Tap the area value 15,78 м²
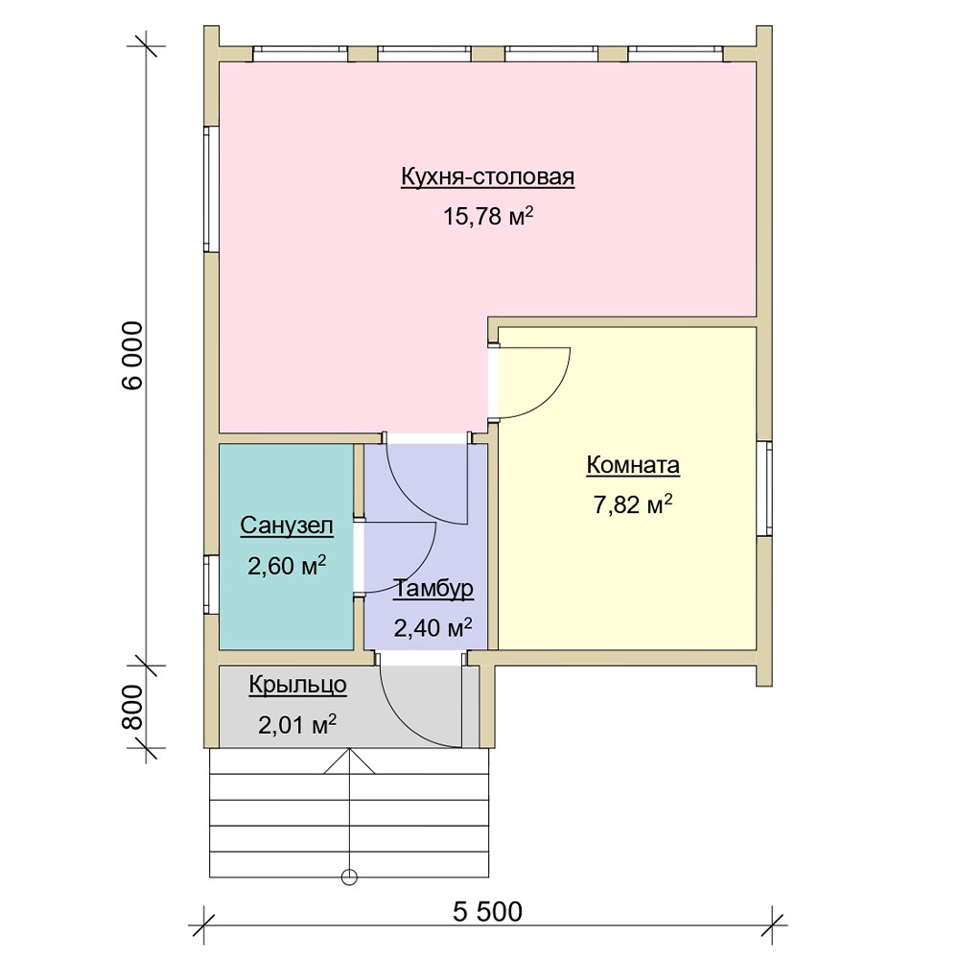[488, 216]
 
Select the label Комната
[633, 465]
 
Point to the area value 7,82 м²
[633, 504]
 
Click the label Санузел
[287, 526]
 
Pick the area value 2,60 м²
[287, 566]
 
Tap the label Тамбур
[433, 589]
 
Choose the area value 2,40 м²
[433, 627]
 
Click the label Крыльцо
[298, 686]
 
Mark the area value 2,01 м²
[297, 725]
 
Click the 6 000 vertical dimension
[132, 356]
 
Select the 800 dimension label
[132, 707]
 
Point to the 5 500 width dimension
[487, 911]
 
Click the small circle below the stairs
[349, 877]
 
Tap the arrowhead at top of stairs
[349, 761]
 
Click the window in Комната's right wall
[764, 489]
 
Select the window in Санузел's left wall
[211, 584]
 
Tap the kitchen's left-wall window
[211, 189]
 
